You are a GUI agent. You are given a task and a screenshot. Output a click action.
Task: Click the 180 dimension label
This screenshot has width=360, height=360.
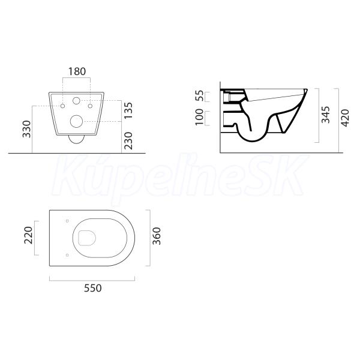[x=77, y=71]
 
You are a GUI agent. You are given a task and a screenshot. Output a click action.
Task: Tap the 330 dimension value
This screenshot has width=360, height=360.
[x=26, y=129]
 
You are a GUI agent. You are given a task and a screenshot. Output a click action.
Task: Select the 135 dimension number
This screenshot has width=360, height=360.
[x=128, y=110]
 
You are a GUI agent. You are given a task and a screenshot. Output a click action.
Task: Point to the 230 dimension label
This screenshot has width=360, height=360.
[x=128, y=140]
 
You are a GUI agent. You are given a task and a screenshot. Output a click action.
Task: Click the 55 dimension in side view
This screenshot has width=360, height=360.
[x=199, y=96]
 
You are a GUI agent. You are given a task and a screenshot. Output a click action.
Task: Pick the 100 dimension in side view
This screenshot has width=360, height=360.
[x=199, y=117]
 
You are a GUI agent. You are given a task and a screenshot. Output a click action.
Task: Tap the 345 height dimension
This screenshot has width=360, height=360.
[x=325, y=115]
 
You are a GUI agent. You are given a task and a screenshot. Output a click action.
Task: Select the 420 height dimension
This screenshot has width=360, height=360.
[x=345, y=118]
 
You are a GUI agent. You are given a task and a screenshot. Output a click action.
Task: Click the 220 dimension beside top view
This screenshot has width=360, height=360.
[x=29, y=235]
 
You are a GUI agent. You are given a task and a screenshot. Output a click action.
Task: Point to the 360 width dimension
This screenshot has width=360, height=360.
[x=157, y=236]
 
